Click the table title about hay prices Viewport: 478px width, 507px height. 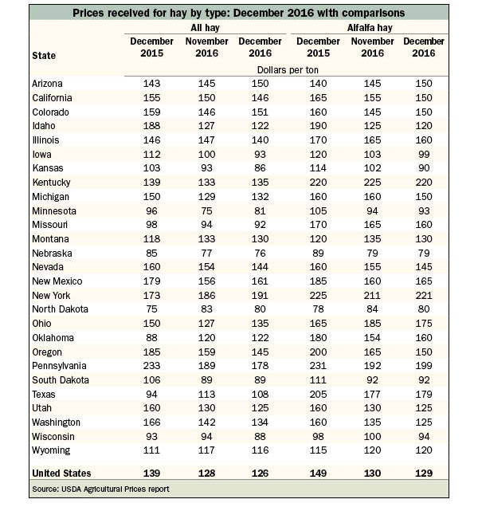(238, 13)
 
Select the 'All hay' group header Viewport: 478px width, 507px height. (205, 28)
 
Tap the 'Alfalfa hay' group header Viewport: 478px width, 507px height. (370, 28)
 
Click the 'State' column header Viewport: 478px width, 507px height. (44, 56)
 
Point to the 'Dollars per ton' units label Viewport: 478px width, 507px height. (288, 70)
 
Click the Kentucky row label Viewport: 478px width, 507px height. (52, 183)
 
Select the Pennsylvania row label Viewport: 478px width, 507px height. (59, 366)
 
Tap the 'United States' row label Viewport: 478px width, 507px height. (61, 474)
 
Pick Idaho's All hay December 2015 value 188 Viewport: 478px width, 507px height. (151, 126)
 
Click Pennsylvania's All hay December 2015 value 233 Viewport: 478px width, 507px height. (151, 366)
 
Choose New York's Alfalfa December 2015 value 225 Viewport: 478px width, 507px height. (318, 295)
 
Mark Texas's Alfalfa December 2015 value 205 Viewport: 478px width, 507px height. (318, 394)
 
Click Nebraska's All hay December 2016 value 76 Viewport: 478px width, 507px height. (260, 253)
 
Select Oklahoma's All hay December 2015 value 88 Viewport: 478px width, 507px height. (151, 337)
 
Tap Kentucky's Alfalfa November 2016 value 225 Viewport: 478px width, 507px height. (372, 183)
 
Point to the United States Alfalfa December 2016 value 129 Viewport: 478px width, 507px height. (424, 474)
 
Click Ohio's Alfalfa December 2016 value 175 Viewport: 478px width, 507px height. (424, 324)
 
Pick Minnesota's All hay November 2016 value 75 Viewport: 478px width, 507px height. (206, 210)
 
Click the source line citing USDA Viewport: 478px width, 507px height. (100, 489)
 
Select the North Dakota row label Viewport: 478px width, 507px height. (60, 309)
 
